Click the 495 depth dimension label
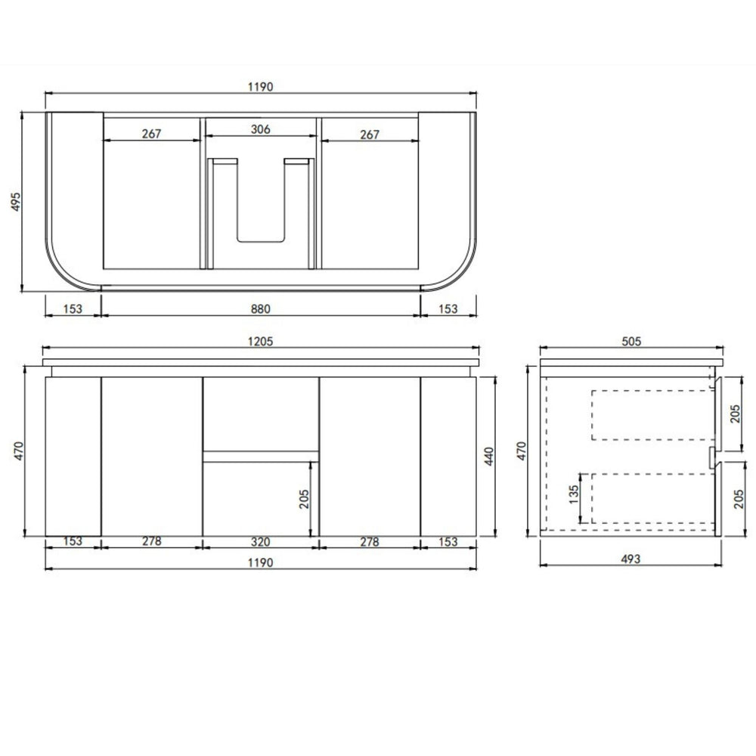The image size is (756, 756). tap(16, 202)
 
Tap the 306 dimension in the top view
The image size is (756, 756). tap(260, 129)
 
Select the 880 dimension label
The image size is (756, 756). tap(260, 308)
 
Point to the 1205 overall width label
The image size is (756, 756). tap(260, 342)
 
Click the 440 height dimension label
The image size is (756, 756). tap(489, 456)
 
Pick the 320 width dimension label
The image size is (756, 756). tap(260, 542)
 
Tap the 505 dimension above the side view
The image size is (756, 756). tap(631, 342)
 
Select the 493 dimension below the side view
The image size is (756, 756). tap(631, 559)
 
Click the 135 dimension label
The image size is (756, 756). tap(574, 494)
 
